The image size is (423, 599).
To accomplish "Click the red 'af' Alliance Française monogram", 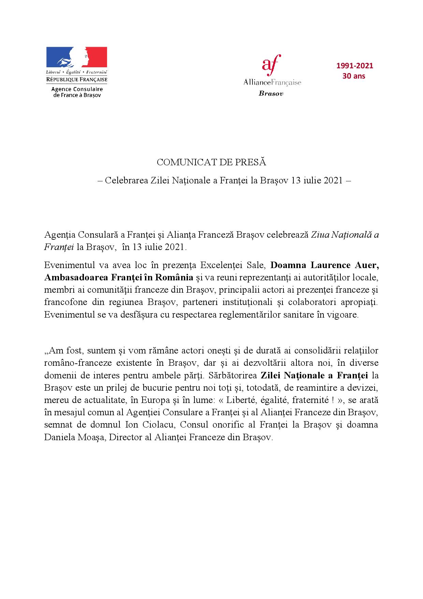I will pos(271,64).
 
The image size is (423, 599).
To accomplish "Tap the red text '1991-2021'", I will pos(355,66).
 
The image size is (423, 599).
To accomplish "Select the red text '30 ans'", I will pos(354,76).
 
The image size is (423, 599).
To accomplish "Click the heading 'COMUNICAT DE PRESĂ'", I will pos(211,163).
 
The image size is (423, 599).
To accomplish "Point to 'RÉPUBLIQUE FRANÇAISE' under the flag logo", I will pos(77,80).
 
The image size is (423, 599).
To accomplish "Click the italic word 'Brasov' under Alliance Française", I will pos(271,94).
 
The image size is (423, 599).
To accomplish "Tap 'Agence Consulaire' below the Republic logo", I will pos(77,89).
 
